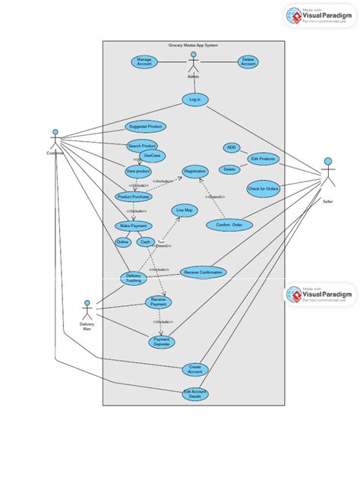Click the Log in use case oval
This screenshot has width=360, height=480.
tap(195, 99)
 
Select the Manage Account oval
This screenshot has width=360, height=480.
tap(144, 62)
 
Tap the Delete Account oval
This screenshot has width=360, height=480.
tap(248, 62)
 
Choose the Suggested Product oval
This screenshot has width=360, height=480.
tap(145, 126)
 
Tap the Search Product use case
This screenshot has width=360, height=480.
tap(142, 145)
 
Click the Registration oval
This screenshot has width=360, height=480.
tap(194, 172)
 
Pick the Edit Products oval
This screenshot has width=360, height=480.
tap(263, 159)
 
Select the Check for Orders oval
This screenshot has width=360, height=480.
tap(263, 188)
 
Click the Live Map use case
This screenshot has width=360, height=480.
tap(184, 210)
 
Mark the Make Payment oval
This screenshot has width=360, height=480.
tap(134, 226)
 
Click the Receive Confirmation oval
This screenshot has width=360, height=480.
tap(203, 272)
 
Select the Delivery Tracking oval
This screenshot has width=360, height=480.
tap(134, 279)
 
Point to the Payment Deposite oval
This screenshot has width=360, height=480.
tap(161, 342)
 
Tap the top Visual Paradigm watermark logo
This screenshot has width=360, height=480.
tap(318, 16)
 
